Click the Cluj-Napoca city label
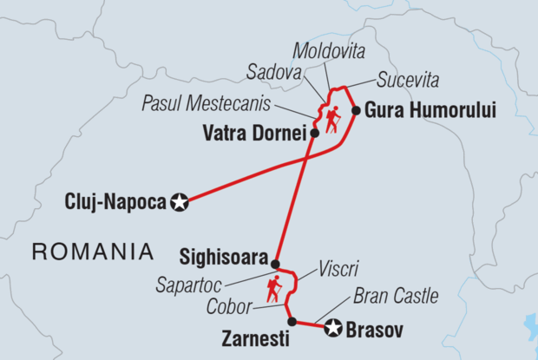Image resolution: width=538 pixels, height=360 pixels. [115, 203]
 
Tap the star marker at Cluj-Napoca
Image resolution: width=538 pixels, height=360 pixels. [180, 203]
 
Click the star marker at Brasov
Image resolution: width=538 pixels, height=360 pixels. [332, 329]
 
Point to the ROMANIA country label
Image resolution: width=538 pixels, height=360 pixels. [93, 252]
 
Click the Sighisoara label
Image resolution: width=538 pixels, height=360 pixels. [223, 257]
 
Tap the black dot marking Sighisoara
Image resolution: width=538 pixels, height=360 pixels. [275, 264]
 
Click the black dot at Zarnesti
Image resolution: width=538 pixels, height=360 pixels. [292, 322]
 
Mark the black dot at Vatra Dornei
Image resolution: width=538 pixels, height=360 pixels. [313, 134]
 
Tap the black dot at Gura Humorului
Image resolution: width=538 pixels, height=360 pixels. [355, 110]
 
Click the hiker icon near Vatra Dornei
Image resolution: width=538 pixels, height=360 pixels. [332, 120]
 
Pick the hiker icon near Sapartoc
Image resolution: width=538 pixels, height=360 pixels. [275, 289]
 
